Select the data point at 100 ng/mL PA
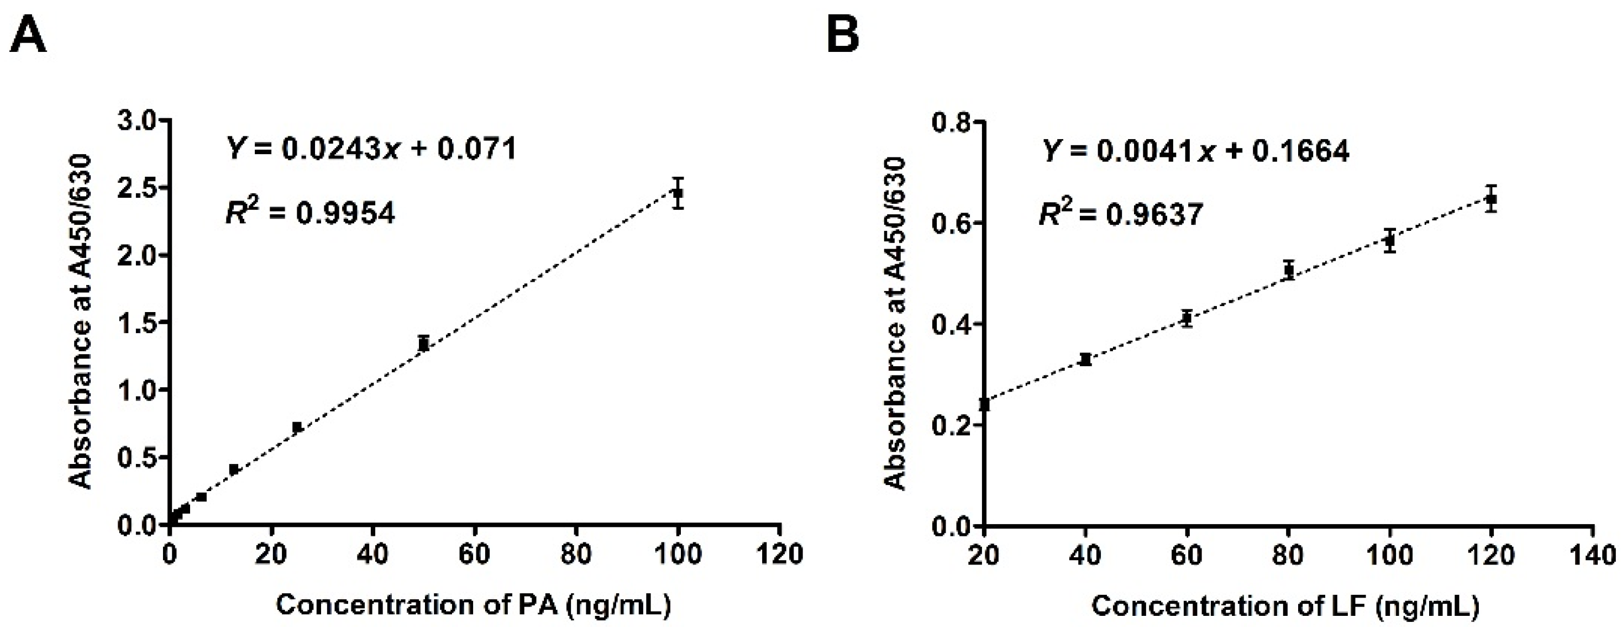click(678, 193)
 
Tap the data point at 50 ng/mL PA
click(424, 344)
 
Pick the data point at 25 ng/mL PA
click(297, 427)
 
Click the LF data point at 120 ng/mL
click(1490, 199)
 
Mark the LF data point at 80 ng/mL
click(1288, 271)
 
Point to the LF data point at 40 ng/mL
click(1085, 359)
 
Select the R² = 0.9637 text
click(1121, 214)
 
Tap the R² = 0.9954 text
click(311, 213)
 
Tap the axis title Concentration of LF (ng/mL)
click(1284, 606)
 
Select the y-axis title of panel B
click(895, 324)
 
